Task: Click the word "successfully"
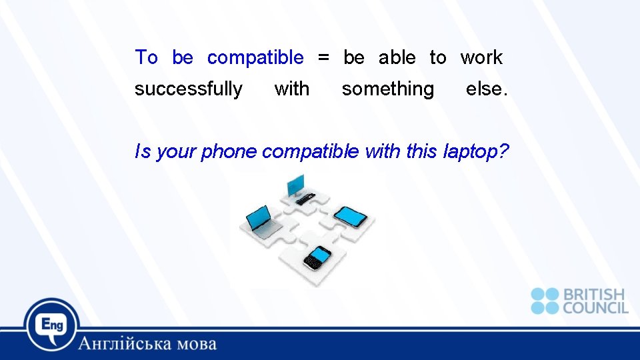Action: click(189, 89)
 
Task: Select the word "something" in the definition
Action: click(387, 89)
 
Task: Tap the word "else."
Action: click(487, 89)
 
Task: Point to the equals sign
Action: click(323, 58)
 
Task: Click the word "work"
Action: click(481, 58)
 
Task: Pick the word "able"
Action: click(397, 58)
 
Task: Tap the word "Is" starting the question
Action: click(143, 152)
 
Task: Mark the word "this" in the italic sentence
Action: click(421, 152)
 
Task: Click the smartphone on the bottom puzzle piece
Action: click(317, 257)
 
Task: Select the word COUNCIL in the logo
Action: click(595, 307)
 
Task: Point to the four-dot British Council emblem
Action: click(545, 301)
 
